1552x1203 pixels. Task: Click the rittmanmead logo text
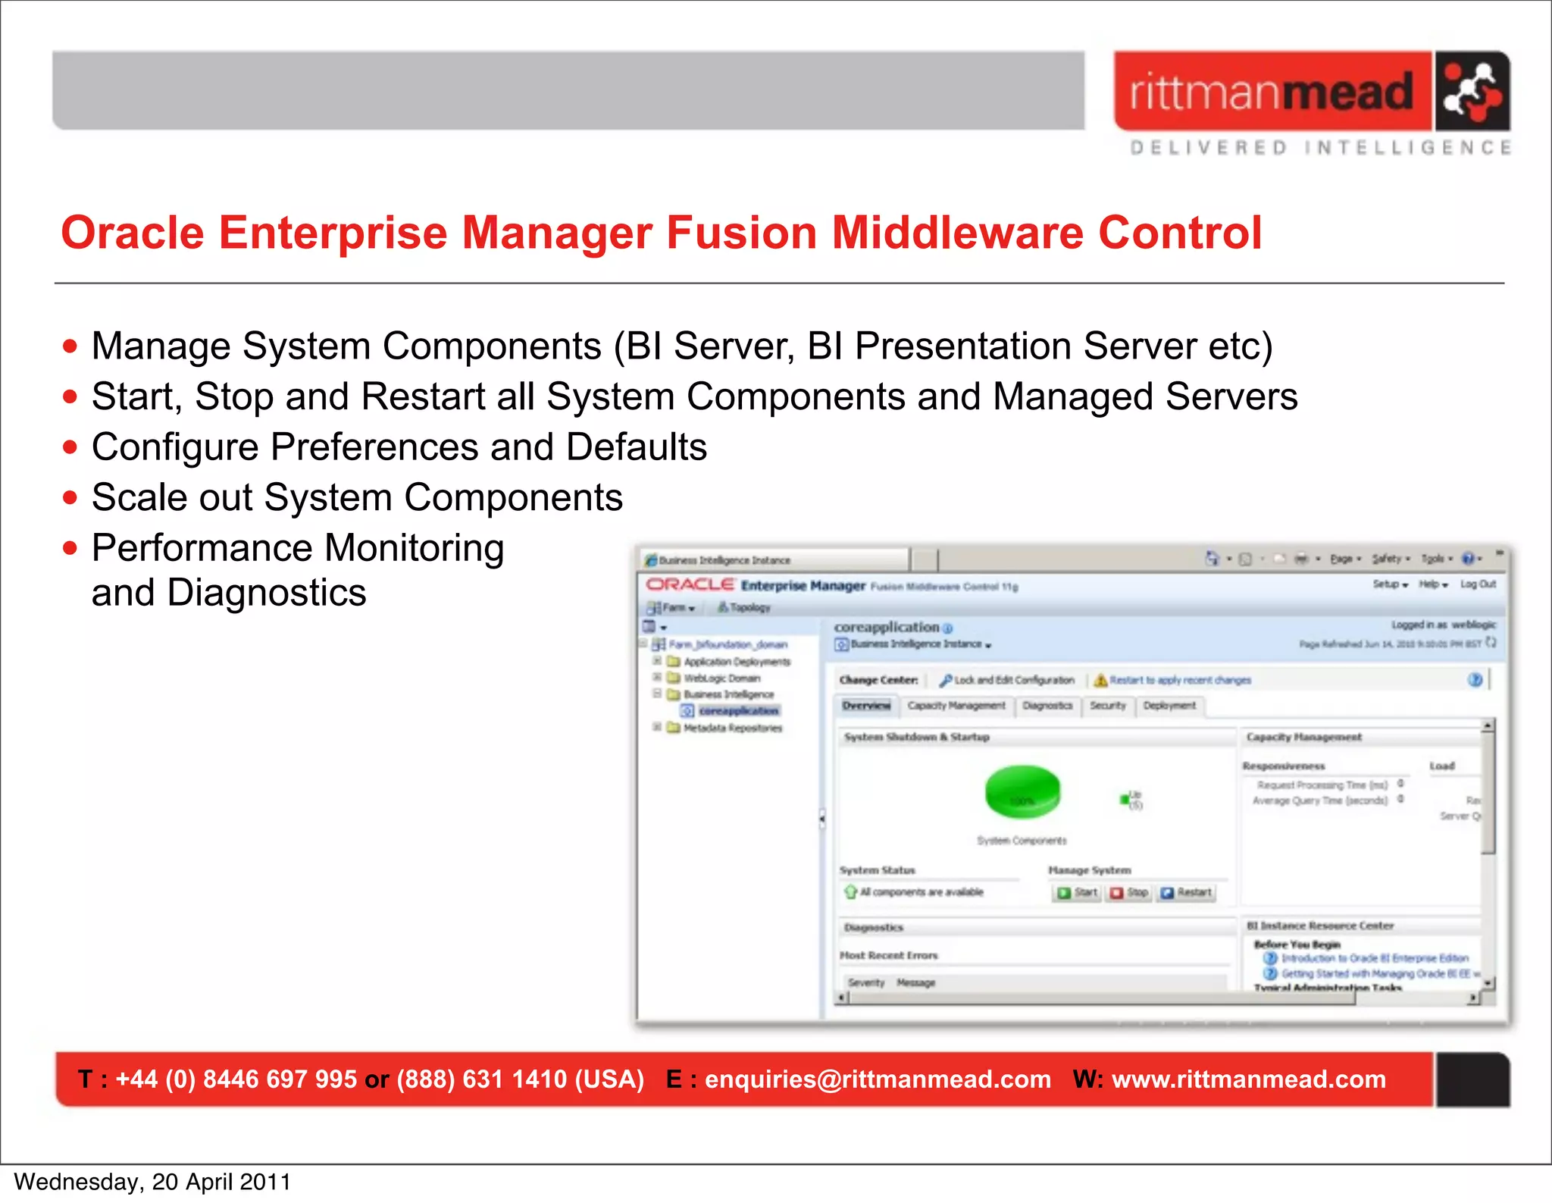click(x=1272, y=92)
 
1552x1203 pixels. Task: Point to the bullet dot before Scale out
click(x=70, y=498)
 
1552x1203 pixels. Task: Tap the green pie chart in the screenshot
click(x=1022, y=791)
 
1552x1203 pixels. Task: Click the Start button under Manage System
click(x=1077, y=893)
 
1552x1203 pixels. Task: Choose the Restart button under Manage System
click(x=1187, y=893)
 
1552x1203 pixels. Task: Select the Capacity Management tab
click(x=956, y=706)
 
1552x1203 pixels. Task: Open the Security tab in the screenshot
click(x=1108, y=706)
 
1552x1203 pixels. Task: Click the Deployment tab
click(x=1169, y=706)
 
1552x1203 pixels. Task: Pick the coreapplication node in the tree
click(x=738, y=711)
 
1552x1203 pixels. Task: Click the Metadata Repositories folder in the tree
click(x=732, y=728)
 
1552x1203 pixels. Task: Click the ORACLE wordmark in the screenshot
click(x=690, y=585)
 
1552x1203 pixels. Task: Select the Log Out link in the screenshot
click(x=1478, y=584)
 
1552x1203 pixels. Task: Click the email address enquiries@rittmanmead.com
click(x=878, y=1079)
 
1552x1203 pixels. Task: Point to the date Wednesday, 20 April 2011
click(x=152, y=1182)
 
